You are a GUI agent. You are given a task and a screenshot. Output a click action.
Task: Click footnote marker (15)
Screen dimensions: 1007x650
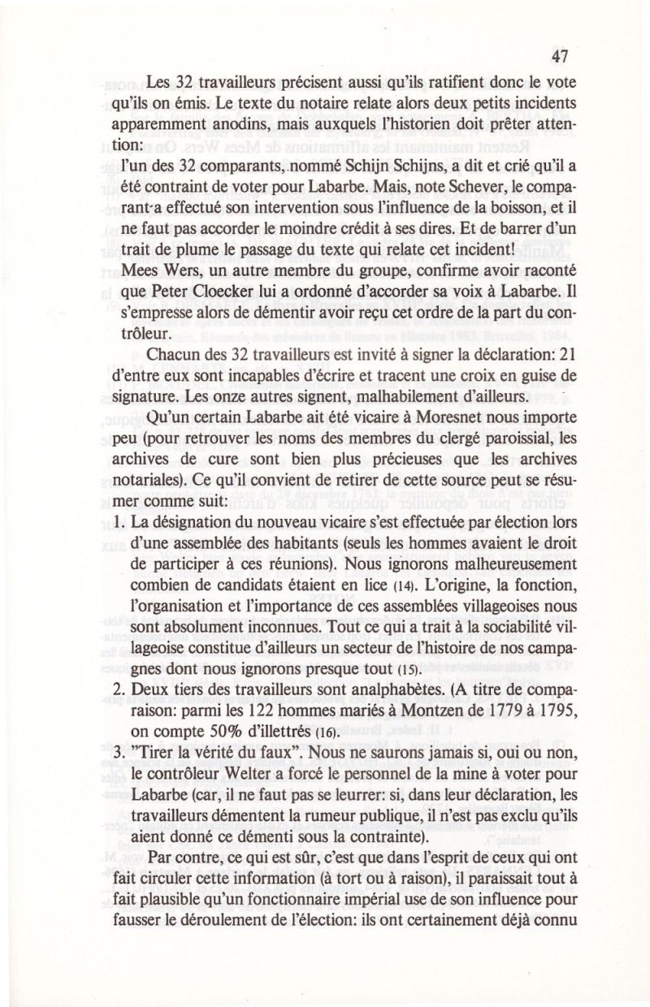pyautogui.click(x=405, y=671)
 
